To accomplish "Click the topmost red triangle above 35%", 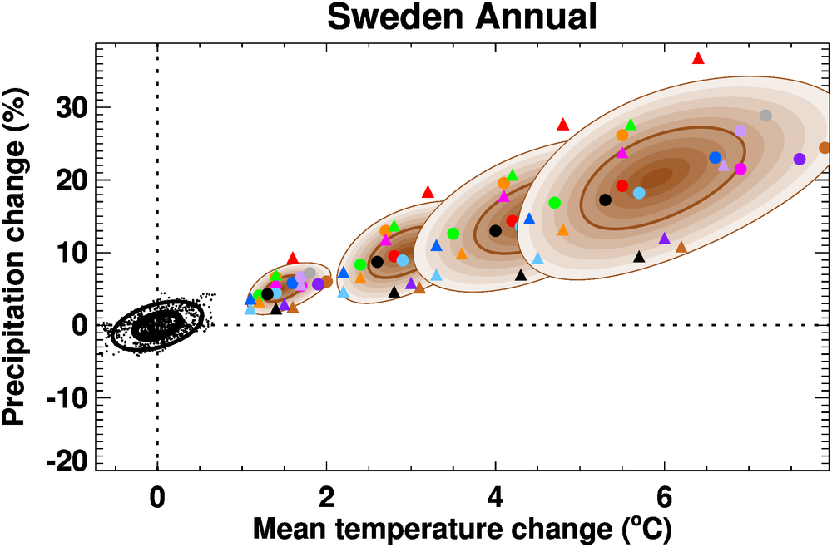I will tap(698, 58).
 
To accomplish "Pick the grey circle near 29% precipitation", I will tap(765, 116).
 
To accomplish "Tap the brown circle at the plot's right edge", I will tap(825, 148).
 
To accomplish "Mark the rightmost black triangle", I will tap(639, 257).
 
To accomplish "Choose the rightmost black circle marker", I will tap(605, 200).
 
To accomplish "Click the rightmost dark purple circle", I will tap(800, 159).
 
